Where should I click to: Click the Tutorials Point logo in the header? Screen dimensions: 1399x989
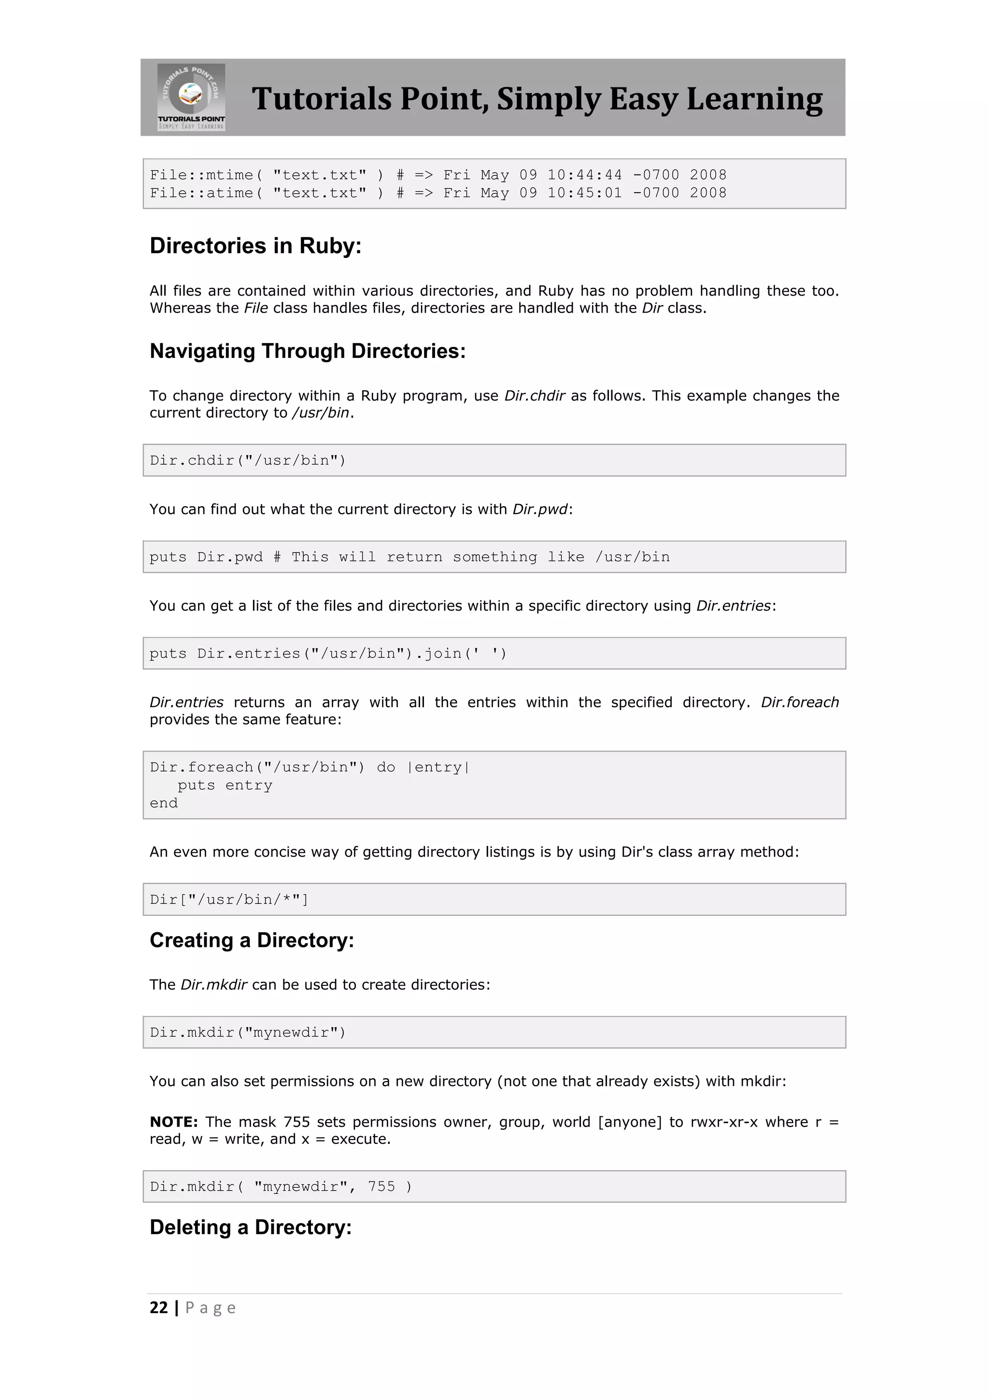(191, 97)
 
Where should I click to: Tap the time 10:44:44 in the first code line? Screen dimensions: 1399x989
(585, 175)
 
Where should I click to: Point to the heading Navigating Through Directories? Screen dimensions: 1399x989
(308, 352)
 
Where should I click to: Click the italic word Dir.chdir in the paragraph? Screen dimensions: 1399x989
(535, 396)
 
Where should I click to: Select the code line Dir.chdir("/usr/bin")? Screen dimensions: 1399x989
(248, 461)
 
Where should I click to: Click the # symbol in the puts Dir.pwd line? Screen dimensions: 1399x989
(277, 557)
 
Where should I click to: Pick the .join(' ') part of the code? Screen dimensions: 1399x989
(461, 654)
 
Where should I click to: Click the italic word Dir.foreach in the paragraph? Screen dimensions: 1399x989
(800, 702)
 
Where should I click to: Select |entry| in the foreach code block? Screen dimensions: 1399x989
(438, 768)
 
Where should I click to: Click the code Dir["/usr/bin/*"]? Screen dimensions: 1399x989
(229, 900)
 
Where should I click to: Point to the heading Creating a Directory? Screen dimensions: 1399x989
(252, 941)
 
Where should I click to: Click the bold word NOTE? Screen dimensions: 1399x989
(173, 1122)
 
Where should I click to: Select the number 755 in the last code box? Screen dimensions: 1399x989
(381, 1187)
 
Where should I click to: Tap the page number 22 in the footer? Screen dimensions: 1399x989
(158, 1308)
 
